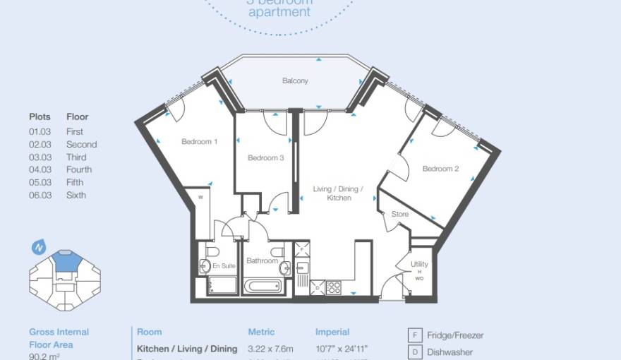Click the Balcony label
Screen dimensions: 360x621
(x=295, y=81)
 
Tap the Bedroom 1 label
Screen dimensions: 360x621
(x=199, y=142)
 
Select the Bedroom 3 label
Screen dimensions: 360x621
(x=265, y=158)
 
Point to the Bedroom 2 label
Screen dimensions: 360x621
(x=441, y=169)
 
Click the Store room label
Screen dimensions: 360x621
(x=400, y=214)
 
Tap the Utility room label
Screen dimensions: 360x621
(x=419, y=265)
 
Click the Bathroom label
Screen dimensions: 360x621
(x=262, y=261)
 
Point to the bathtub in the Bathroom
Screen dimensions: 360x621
(x=263, y=287)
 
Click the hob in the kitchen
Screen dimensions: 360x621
(x=333, y=287)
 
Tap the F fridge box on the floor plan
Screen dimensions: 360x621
(x=301, y=249)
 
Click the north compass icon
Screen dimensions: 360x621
(x=39, y=248)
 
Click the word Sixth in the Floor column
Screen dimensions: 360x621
(x=76, y=195)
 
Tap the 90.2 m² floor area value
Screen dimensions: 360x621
(x=44, y=356)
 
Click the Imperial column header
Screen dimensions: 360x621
(x=332, y=332)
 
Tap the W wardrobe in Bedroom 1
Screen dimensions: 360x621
(x=200, y=198)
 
